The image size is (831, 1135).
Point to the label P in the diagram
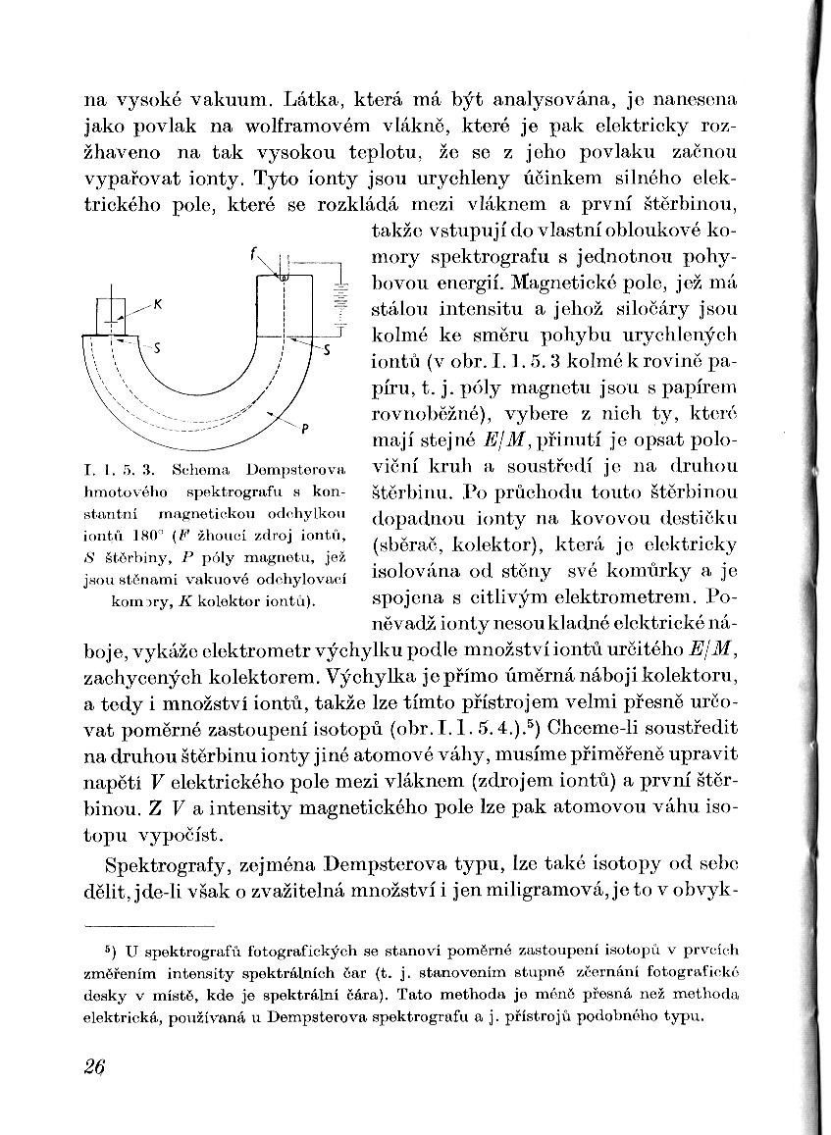tap(306, 428)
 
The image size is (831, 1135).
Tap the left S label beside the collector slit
tap(158, 348)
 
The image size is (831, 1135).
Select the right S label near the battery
tap(327, 351)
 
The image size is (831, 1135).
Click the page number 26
tap(94, 1067)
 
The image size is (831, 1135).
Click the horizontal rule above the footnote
tap(149, 924)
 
